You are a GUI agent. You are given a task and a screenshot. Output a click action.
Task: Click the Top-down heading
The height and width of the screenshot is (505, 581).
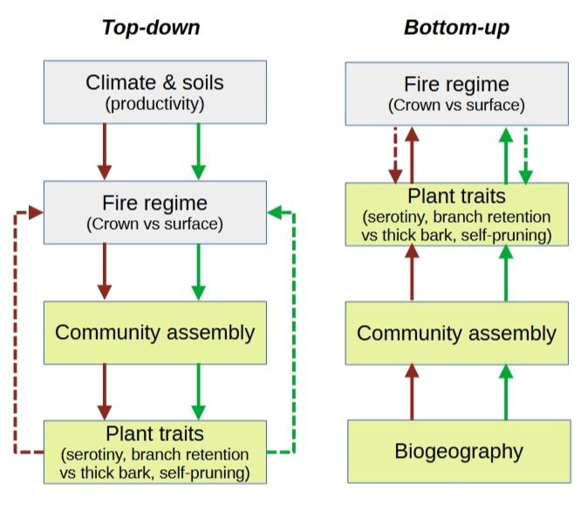click(x=151, y=27)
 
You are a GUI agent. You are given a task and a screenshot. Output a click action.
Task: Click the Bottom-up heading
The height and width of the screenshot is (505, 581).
click(x=456, y=27)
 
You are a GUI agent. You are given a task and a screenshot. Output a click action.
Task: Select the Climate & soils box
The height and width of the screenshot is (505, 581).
click(x=154, y=92)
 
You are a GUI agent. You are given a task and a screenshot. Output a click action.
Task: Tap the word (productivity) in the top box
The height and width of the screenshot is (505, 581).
click(x=154, y=105)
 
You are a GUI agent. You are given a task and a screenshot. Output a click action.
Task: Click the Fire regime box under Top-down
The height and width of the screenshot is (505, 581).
click(x=154, y=211)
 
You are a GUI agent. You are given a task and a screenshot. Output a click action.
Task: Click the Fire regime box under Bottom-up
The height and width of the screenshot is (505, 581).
click(x=457, y=93)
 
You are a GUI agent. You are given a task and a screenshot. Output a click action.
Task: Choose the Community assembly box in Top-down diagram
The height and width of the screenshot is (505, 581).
click(x=154, y=332)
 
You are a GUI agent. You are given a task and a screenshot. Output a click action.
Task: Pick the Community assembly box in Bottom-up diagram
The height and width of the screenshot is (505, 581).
click(x=457, y=333)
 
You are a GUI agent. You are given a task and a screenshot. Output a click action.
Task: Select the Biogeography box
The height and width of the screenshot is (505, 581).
click(x=458, y=451)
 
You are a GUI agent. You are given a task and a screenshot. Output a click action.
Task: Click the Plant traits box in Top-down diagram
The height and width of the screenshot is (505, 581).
click(x=154, y=452)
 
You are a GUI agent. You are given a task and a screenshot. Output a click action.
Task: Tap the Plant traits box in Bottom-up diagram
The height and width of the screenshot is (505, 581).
click(x=457, y=213)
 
